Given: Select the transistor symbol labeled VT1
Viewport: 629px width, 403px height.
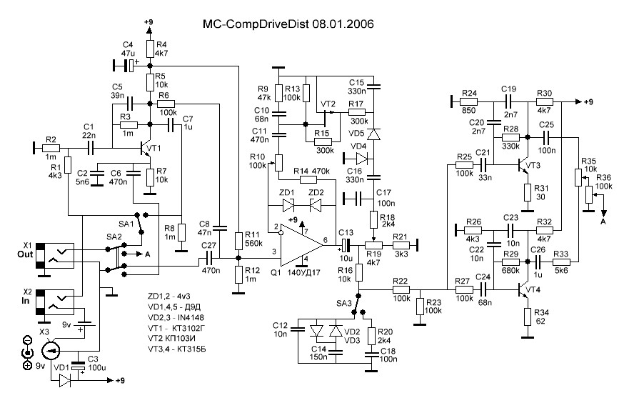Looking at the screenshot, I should [146, 148].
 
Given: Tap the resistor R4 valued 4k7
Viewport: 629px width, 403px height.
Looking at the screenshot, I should [149, 49].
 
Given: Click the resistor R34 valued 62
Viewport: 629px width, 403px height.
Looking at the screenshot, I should [528, 316].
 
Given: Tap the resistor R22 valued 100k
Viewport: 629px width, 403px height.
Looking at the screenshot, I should [400, 289].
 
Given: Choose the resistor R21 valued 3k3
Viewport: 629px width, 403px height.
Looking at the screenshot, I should [401, 244].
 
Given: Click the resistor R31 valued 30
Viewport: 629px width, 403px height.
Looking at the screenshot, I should [528, 193].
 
